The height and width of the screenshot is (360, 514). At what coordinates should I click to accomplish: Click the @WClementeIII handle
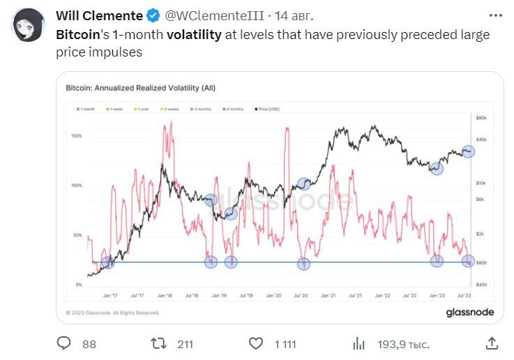[x=216, y=16]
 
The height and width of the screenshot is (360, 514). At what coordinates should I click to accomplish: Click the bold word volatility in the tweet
[x=194, y=35]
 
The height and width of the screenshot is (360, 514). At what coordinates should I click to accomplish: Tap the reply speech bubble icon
[x=65, y=343]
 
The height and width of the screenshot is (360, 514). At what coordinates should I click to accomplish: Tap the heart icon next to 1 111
[x=256, y=343]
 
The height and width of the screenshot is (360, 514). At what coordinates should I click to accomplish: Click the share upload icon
[x=492, y=343]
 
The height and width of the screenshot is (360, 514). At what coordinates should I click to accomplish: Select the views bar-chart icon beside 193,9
[x=359, y=343]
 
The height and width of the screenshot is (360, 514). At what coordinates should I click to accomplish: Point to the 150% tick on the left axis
[x=77, y=136]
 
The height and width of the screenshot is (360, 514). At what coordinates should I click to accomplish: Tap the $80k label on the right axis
[x=481, y=119]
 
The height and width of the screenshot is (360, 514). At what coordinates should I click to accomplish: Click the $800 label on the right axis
[x=481, y=262]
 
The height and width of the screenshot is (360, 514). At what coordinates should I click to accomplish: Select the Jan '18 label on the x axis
[x=164, y=295]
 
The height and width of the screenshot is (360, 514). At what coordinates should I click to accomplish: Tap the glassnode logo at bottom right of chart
[x=469, y=313]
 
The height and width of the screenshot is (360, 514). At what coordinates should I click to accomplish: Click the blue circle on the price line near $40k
[x=468, y=151]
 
